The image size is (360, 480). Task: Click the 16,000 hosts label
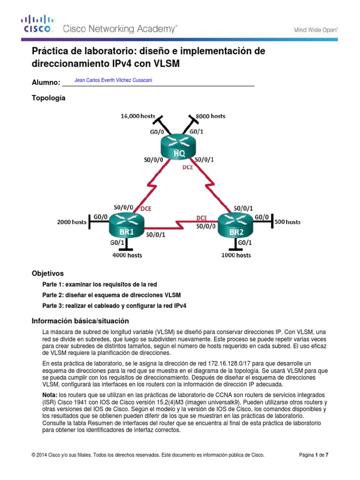(x=138, y=115)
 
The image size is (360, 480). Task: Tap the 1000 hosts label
(x=236, y=255)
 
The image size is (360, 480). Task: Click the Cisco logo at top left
(x=37, y=24)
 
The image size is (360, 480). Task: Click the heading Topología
(x=48, y=98)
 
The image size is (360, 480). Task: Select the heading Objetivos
(x=47, y=273)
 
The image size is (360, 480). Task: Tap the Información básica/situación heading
(x=80, y=321)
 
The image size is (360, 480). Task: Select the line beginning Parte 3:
(x=114, y=306)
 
